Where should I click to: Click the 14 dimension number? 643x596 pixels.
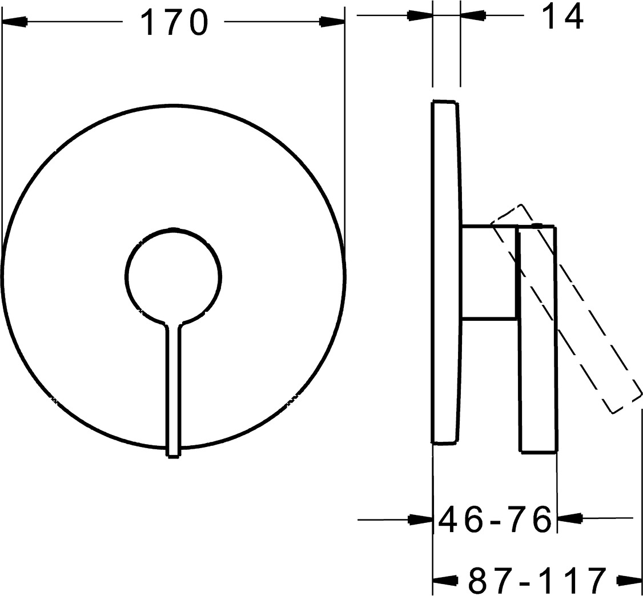[x=562, y=17]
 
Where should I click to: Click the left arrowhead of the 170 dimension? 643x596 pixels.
[x=15, y=21]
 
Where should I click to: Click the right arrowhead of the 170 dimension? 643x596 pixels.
[x=332, y=21]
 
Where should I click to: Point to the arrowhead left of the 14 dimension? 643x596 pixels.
[x=420, y=15]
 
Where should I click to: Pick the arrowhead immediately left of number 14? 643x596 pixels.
[x=473, y=15]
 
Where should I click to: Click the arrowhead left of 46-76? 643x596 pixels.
[x=421, y=520]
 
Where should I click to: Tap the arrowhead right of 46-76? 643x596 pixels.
[x=570, y=518]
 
